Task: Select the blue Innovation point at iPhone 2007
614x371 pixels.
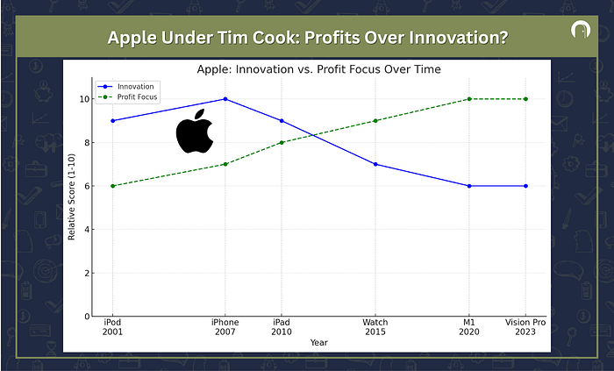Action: (x=225, y=99)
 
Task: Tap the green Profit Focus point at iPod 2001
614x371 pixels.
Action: (x=113, y=186)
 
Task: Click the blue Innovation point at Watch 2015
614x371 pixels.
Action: (x=375, y=164)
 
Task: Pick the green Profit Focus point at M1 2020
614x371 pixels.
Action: (x=469, y=99)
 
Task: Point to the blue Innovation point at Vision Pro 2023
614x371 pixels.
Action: (x=525, y=186)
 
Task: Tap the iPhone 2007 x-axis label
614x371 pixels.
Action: (x=225, y=327)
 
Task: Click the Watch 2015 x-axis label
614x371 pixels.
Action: (x=375, y=327)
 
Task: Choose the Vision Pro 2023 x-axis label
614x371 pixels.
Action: (x=525, y=327)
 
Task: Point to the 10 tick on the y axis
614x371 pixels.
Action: (x=85, y=99)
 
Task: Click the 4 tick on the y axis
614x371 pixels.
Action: (x=88, y=230)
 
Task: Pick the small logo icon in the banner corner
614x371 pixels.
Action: (x=577, y=32)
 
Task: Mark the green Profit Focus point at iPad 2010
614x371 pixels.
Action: (x=282, y=142)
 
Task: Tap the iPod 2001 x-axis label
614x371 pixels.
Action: (x=113, y=327)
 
